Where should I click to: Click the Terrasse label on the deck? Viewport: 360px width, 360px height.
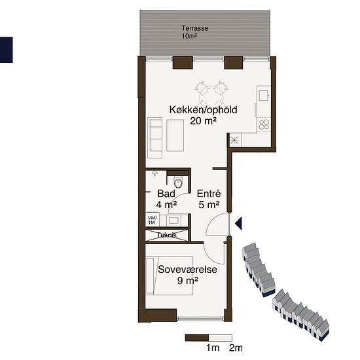pos(194,28)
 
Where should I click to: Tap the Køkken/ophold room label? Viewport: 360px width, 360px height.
pos(203,110)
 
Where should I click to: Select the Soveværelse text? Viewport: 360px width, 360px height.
pos(187,269)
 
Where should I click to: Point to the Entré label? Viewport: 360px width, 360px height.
pos(209,194)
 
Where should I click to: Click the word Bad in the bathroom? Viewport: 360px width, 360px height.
pos(166,194)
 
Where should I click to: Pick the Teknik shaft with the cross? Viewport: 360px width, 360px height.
pos(167,235)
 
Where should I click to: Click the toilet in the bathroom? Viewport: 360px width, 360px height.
pos(178,183)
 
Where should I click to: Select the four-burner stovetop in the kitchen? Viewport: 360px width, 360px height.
pos(264,125)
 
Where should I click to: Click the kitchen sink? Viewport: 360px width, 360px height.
pos(264,96)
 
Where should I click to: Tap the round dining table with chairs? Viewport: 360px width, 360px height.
pos(211,94)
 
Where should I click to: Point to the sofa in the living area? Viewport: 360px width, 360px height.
pos(154,137)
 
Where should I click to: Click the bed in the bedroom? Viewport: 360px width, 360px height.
pos(170,276)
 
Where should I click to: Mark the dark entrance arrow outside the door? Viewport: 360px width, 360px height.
pos(238,223)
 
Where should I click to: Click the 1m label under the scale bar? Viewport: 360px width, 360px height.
pos(213,348)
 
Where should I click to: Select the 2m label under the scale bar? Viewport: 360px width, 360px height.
pos(236,348)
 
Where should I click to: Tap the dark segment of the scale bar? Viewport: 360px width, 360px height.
pos(197,338)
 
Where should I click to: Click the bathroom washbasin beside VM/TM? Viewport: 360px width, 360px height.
pos(173,221)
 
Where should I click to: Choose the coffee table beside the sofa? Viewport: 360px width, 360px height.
pos(175,135)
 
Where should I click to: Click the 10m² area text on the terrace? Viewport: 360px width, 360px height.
pos(189,36)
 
